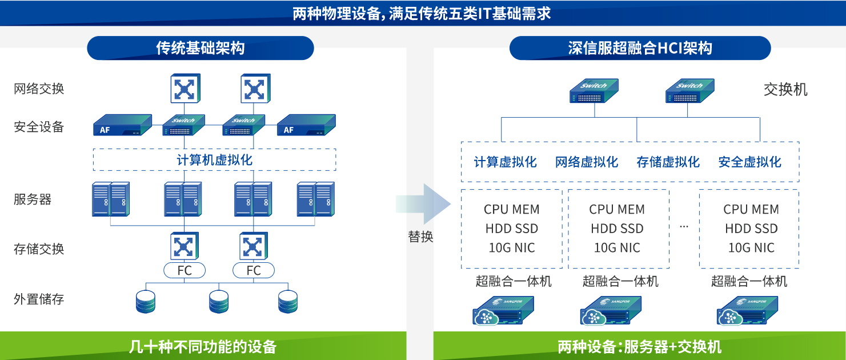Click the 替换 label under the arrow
click(420, 237)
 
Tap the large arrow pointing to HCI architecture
click(423, 204)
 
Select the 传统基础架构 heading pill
click(200, 48)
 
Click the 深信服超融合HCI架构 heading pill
click(640, 48)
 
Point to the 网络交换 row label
click(39, 89)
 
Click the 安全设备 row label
click(39, 127)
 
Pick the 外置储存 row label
click(39, 299)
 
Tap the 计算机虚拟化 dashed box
click(215, 160)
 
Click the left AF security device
click(122, 125)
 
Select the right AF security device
click(306, 125)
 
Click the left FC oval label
click(185, 270)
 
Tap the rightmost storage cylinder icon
click(288, 302)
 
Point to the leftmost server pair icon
click(111, 199)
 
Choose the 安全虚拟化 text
click(749, 162)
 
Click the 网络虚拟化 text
click(587, 162)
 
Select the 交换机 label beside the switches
click(785, 90)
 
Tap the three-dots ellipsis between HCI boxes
click(684, 227)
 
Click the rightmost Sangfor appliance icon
click(747, 310)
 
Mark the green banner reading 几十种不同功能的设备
click(203, 346)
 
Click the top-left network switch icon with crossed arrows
click(185, 89)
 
